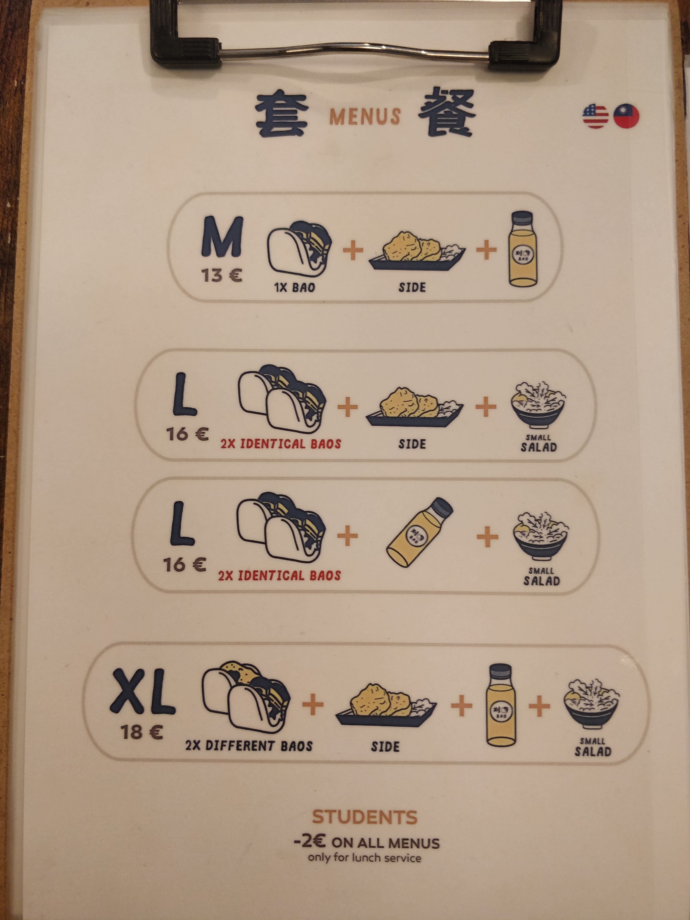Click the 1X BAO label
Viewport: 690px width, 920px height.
pyautogui.click(x=294, y=287)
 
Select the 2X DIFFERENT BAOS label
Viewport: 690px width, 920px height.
pyautogui.click(x=249, y=746)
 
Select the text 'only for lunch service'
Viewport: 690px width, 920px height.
pyautogui.click(x=364, y=858)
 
